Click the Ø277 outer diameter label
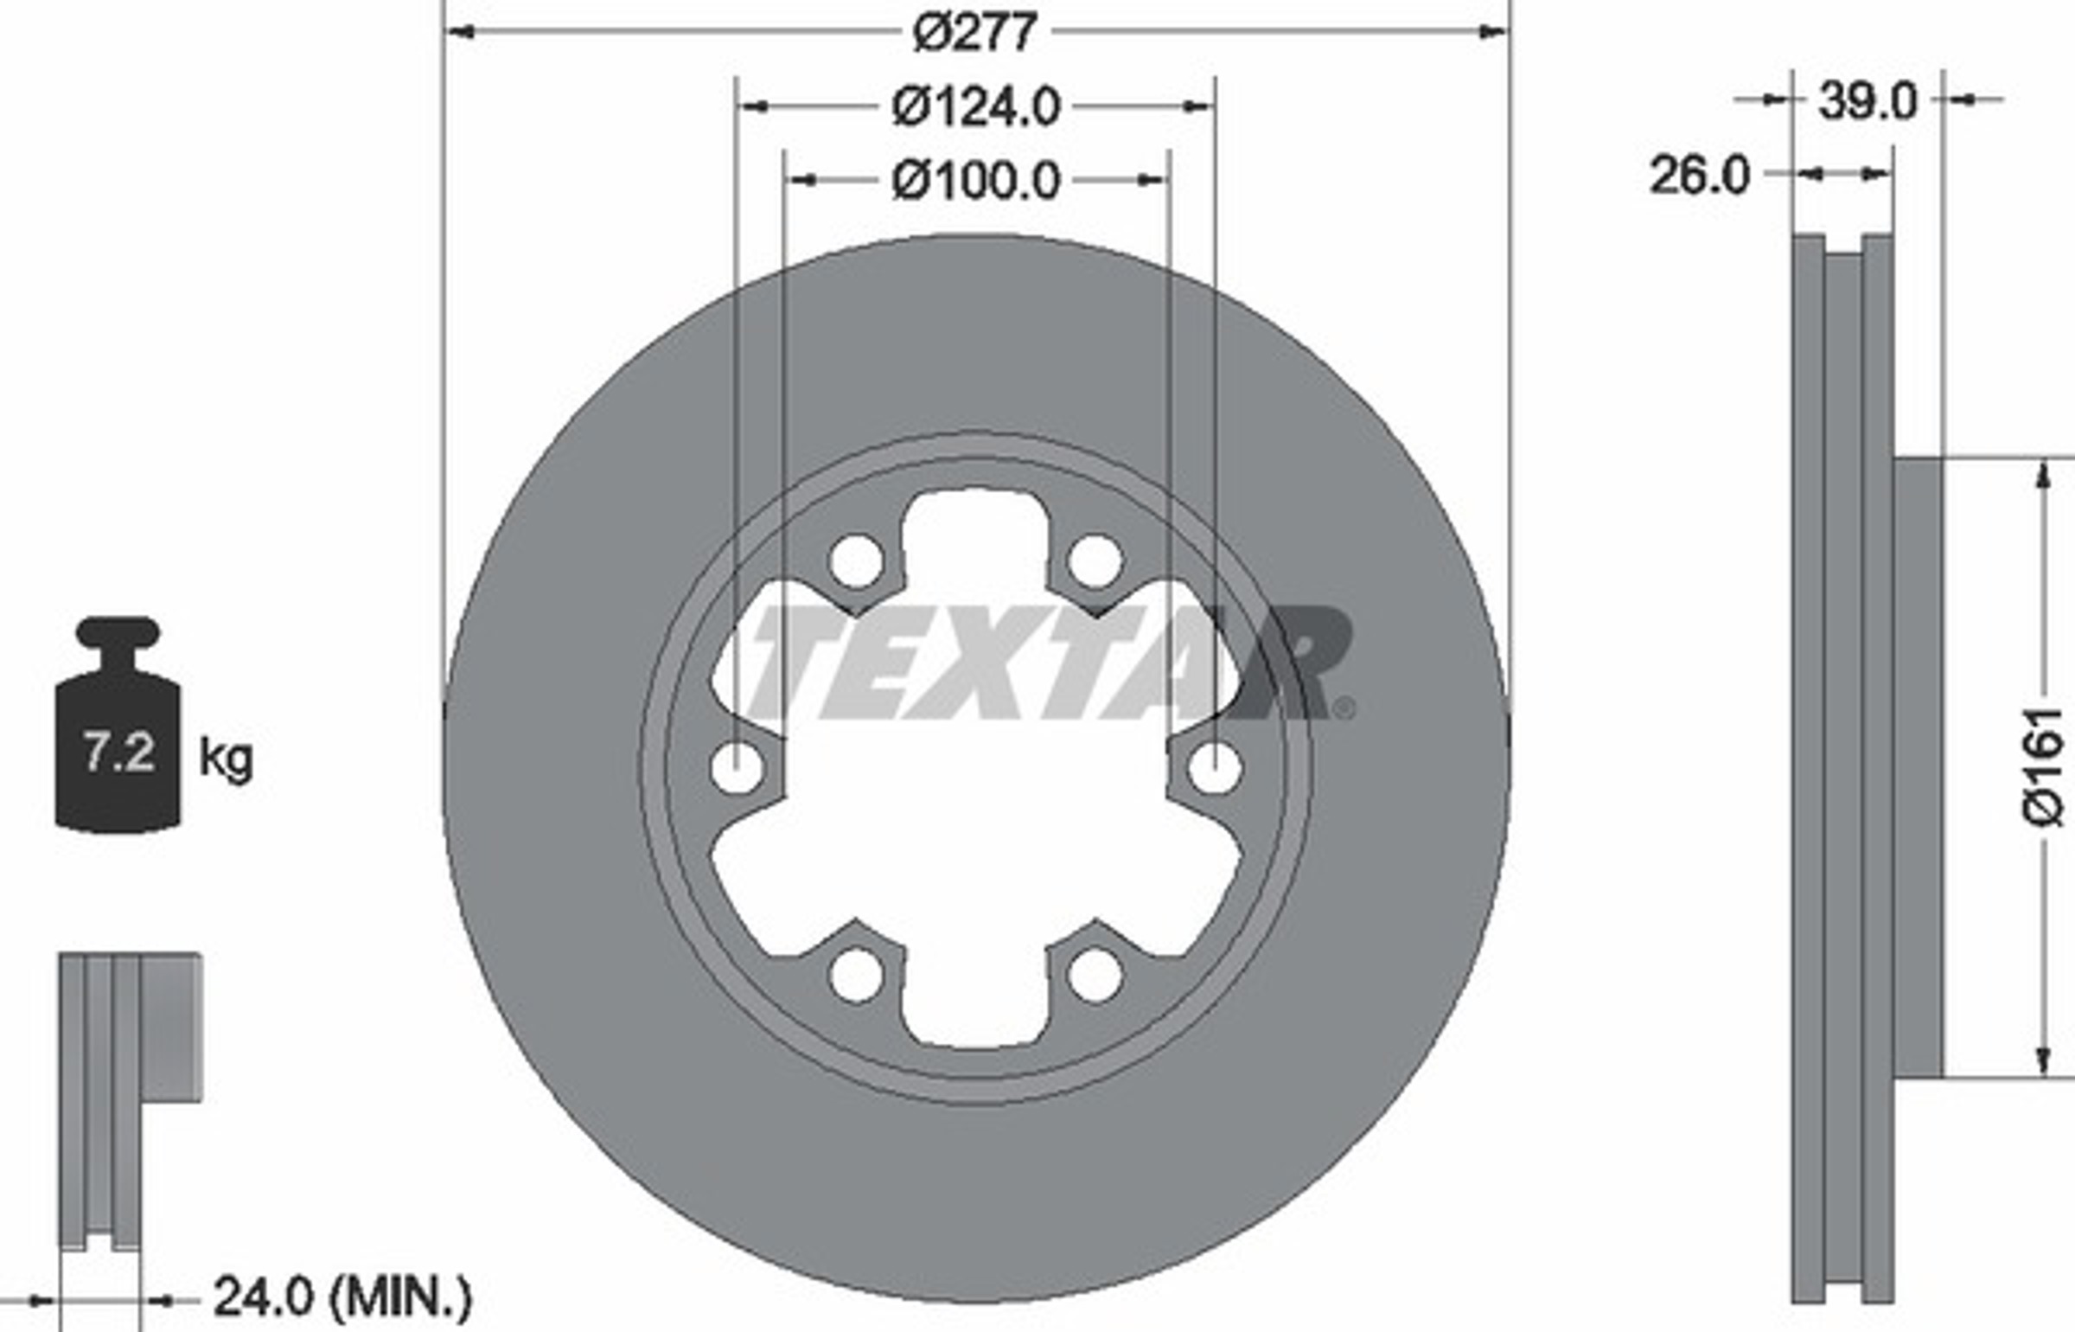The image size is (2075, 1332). (974, 33)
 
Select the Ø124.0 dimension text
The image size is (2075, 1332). (975, 107)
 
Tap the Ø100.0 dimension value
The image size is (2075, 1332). (975, 181)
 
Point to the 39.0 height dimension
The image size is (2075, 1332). (1867, 101)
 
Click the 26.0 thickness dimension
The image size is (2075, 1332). (1700, 176)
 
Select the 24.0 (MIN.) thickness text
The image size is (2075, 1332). (342, 1297)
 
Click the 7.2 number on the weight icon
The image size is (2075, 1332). (118, 752)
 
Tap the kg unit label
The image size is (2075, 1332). (226, 759)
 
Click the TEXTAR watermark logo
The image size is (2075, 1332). (1051, 663)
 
